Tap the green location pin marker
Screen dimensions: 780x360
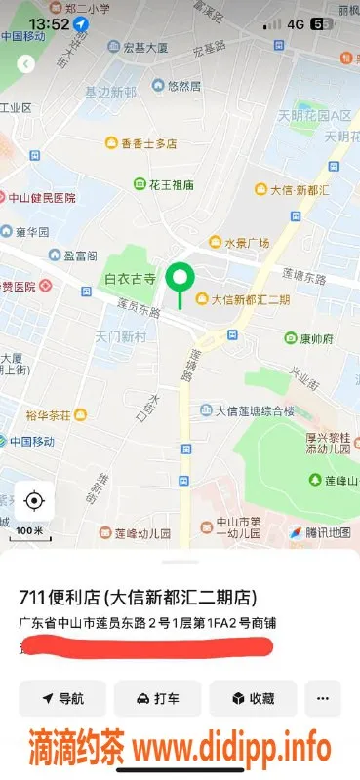tap(179, 279)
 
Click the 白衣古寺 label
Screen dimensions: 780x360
tap(131, 279)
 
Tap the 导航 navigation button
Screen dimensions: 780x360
tap(62, 698)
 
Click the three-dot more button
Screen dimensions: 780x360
tap(323, 698)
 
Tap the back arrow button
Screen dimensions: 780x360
tap(26, 63)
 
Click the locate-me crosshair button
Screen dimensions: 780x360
tap(34, 501)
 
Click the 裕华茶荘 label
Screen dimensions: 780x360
tap(49, 415)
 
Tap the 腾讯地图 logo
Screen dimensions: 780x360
tap(319, 532)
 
